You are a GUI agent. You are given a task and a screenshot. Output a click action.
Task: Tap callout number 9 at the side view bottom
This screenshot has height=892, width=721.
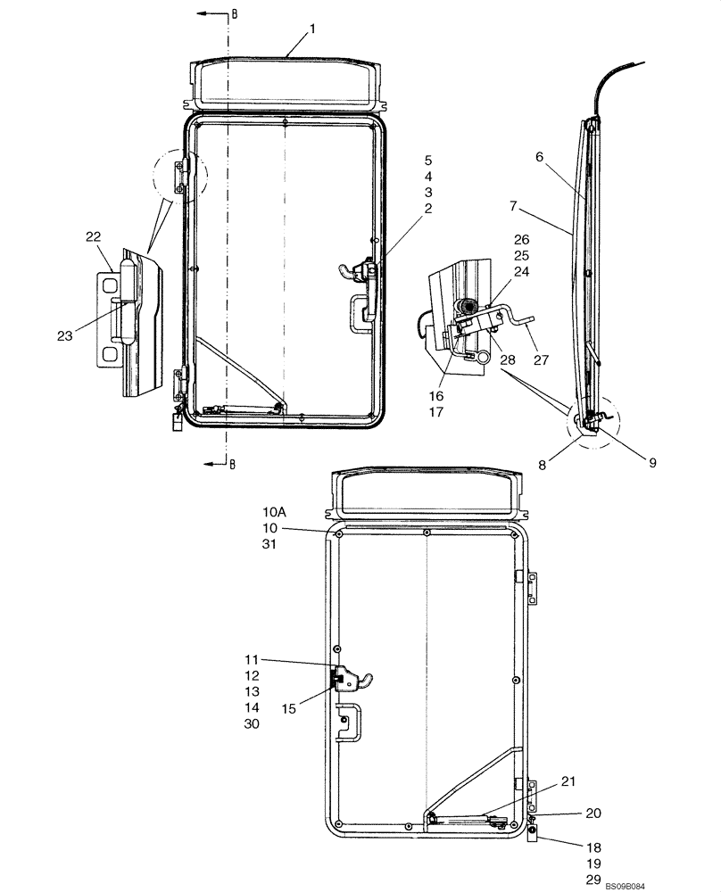651,463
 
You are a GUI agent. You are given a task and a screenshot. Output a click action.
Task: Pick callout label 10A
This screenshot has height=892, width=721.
274,512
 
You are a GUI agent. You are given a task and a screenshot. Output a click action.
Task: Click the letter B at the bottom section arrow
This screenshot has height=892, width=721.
233,463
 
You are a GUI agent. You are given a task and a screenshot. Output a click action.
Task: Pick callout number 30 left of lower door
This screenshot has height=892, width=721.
252,725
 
